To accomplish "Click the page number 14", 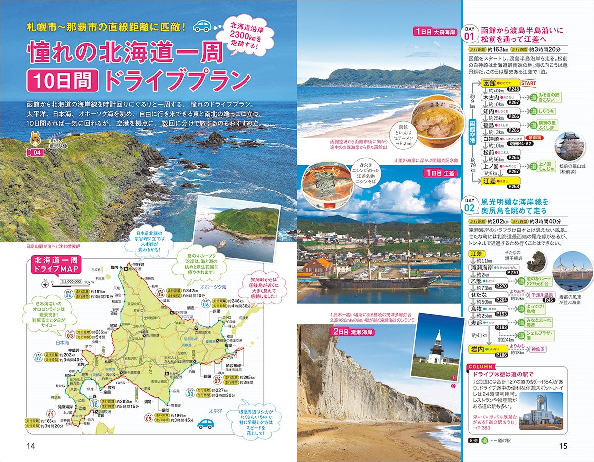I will [x=31, y=446].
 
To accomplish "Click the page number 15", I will [x=563, y=446].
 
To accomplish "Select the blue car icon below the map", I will [x=205, y=424].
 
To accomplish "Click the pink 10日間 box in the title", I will [x=62, y=79].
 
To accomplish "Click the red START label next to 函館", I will [x=529, y=82].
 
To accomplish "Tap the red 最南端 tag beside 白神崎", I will [x=535, y=139].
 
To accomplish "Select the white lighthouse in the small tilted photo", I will [x=436, y=349].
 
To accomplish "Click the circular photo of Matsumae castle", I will [x=569, y=146].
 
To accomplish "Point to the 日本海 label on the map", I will [x=62, y=342].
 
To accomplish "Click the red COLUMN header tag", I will [x=479, y=366].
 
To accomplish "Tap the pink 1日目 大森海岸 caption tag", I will [x=436, y=32].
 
